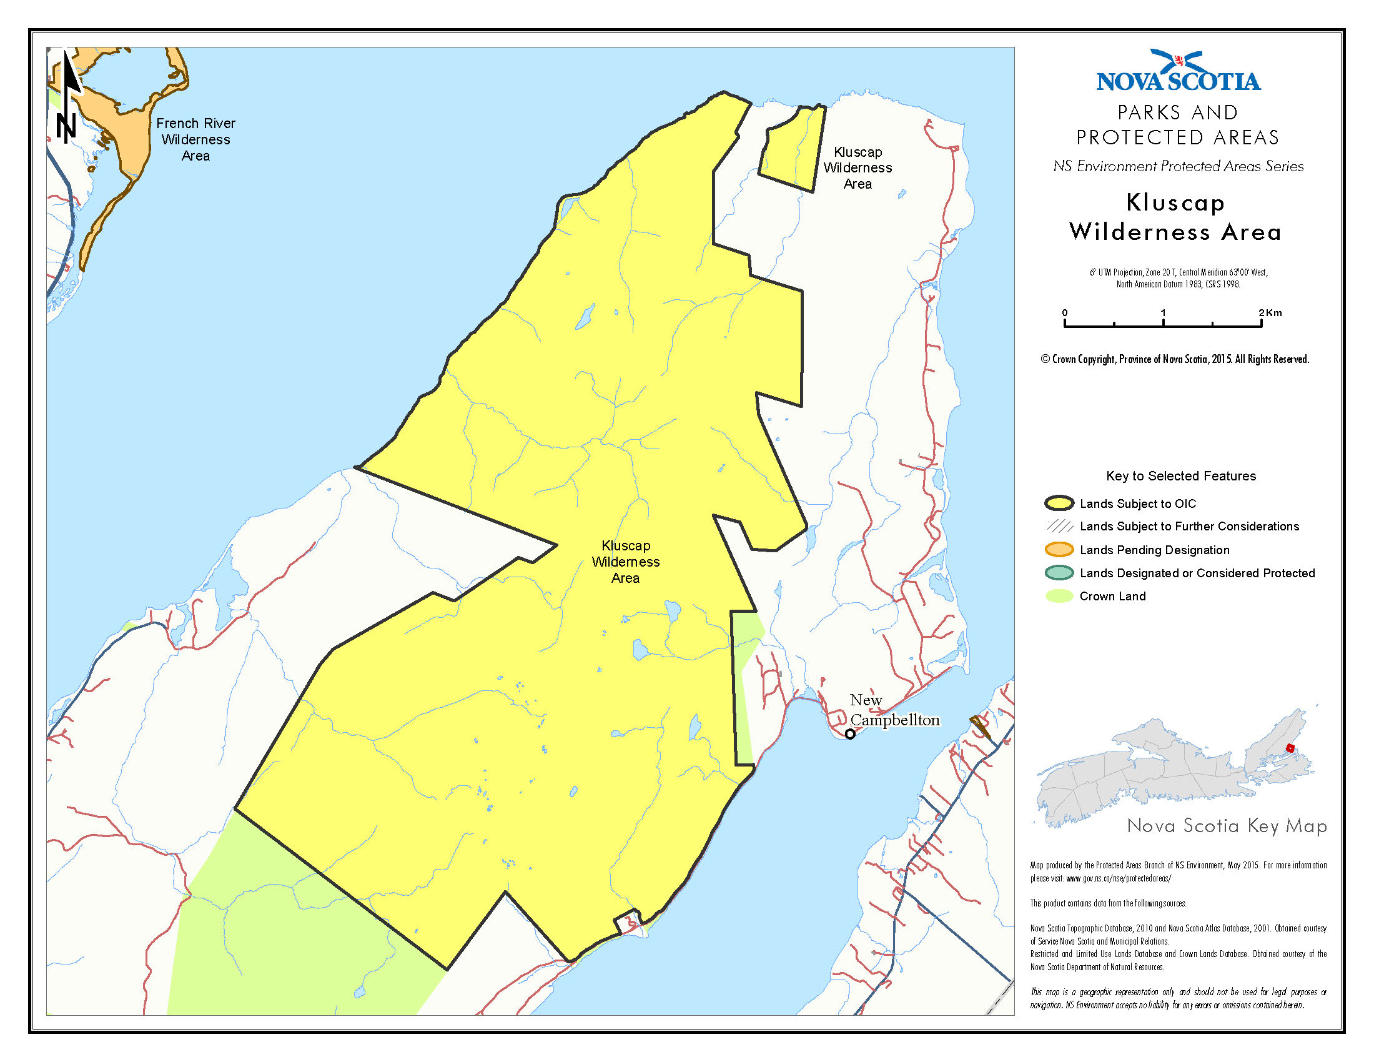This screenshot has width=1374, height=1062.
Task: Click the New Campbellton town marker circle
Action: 850,733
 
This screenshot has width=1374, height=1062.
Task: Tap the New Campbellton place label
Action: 894,710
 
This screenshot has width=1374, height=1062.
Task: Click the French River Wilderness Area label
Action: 195,140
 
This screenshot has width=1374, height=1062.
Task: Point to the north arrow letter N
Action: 66,126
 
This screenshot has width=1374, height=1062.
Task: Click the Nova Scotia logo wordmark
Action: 1178,81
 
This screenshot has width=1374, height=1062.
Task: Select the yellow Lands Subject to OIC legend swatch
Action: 1059,504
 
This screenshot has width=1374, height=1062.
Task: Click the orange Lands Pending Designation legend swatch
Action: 1059,550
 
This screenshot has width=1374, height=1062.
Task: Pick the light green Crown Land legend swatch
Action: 1059,597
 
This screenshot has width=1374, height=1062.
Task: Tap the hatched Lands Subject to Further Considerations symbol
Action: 1059,526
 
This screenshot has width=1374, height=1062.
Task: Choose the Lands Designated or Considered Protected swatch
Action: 1059,573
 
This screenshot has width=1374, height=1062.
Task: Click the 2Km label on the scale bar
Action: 1270,313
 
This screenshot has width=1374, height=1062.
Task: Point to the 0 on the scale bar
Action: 1064,313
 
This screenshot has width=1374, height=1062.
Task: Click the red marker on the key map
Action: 1290,748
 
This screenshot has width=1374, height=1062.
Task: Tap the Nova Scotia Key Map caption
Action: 1226,825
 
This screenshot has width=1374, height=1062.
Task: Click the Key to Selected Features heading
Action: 1180,476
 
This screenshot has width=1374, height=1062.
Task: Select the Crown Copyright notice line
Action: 1174,359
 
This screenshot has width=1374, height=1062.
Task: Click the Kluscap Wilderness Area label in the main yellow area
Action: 625,562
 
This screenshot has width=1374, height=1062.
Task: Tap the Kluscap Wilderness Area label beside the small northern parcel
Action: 858,168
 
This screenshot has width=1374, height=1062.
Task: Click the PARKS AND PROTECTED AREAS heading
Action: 1177,124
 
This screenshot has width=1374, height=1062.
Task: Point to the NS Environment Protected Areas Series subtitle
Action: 1178,167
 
